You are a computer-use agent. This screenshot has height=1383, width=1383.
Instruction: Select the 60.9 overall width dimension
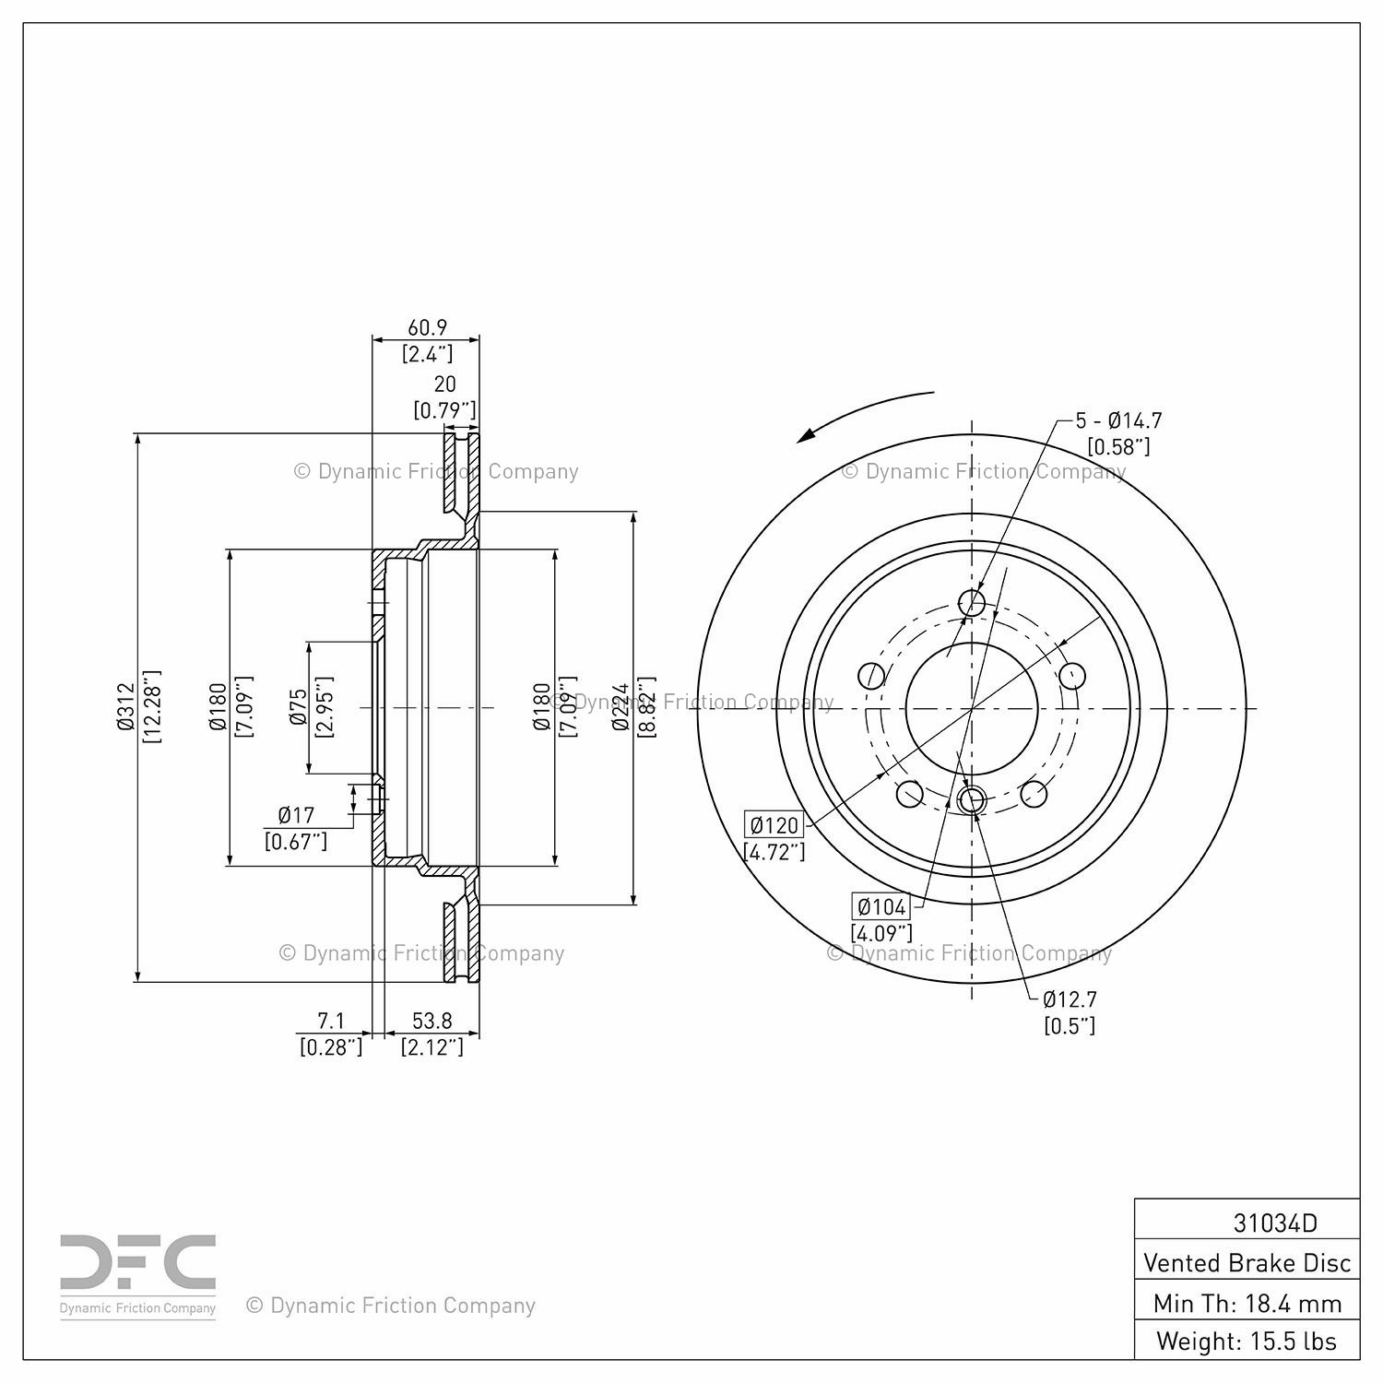point(427,327)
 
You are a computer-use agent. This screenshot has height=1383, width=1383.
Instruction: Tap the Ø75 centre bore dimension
point(298,706)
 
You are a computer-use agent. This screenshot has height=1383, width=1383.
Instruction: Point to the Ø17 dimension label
point(296,815)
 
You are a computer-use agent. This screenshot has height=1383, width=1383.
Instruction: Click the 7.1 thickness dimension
point(331,1021)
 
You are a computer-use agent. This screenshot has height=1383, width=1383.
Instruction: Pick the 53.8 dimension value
point(431,1021)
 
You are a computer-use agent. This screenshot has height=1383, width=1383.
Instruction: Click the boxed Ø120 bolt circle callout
point(774,825)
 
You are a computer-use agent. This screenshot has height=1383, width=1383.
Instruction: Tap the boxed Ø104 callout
point(881,906)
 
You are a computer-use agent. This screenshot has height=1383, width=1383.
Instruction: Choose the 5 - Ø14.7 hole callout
point(1118,420)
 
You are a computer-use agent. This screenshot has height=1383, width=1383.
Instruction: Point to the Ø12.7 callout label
point(1070,999)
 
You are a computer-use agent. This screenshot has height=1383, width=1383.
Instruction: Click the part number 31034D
point(1275,1223)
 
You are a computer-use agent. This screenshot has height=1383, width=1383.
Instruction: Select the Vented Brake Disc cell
point(1247,1262)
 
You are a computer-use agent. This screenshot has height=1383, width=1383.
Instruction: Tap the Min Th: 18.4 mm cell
point(1247,1303)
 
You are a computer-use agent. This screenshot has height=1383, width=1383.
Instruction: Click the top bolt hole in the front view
point(972,604)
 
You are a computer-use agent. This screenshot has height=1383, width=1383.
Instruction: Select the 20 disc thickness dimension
point(444,384)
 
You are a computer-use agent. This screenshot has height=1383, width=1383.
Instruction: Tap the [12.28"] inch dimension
point(151,707)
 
